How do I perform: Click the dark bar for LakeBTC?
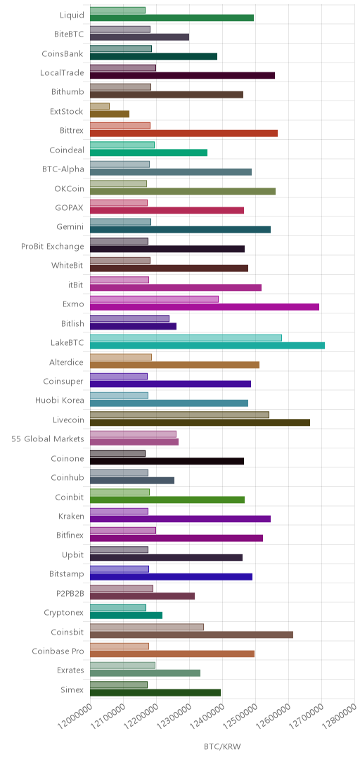[x=207, y=345]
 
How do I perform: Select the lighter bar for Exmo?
[x=154, y=299]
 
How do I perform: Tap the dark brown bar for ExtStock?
[x=110, y=115]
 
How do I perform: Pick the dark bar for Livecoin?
[x=200, y=422]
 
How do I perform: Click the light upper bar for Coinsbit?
[x=147, y=627]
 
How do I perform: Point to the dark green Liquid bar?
[x=172, y=18]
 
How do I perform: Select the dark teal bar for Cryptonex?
[x=126, y=615]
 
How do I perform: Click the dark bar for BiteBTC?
[x=139, y=37]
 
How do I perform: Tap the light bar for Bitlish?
[x=130, y=318]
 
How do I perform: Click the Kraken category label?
[x=71, y=517]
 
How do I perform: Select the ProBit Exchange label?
[x=52, y=247]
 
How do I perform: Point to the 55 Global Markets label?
[x=48, y=439]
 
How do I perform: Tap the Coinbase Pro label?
[x=58, y=651]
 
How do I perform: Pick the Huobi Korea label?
[x=60, y=401]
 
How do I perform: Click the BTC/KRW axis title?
[x=222, y=746]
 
